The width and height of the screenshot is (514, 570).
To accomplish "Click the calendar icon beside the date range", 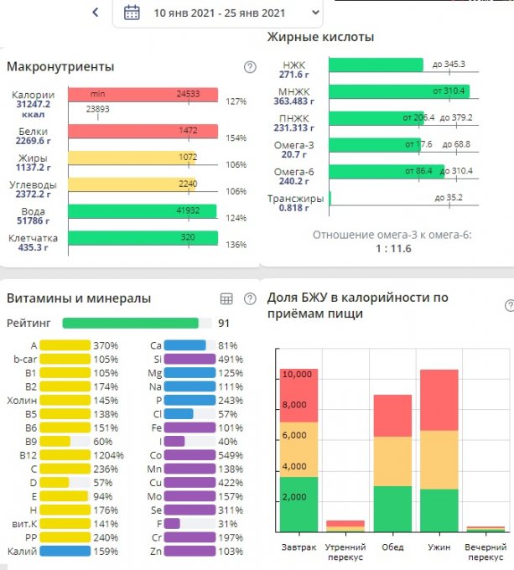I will coord(132,13).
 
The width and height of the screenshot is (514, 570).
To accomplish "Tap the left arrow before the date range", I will coord(96,13).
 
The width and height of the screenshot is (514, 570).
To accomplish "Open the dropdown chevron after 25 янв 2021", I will coord(314,13).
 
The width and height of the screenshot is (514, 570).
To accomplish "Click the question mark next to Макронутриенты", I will coord(249,67).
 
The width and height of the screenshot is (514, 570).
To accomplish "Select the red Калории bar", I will coord(143,95).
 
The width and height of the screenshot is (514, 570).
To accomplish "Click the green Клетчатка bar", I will coord(143,237).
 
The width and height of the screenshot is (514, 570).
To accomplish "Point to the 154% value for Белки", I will coord(236,138).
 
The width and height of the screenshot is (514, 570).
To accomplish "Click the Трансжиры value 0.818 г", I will coord(295,208).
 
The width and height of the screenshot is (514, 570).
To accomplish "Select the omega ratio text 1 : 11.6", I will coord(392,250).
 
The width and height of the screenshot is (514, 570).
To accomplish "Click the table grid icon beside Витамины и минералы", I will coord(226,298).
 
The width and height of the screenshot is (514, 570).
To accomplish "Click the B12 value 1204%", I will coord(107,456).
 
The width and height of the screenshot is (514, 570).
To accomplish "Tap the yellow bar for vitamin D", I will coord(55,483).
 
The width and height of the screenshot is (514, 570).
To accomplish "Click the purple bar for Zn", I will coord(190,552).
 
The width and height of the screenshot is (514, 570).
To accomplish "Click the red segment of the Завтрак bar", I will coord(299,395).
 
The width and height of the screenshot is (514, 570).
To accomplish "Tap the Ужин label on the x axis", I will coord(439,547).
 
